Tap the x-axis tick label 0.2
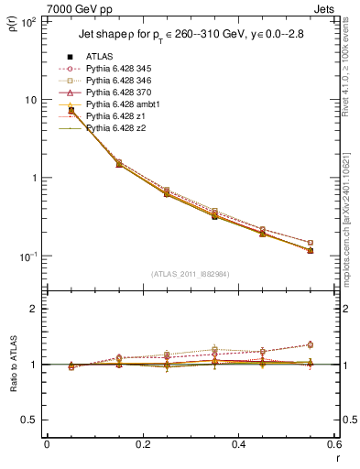(143, 444)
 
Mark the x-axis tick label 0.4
(238, 444)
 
